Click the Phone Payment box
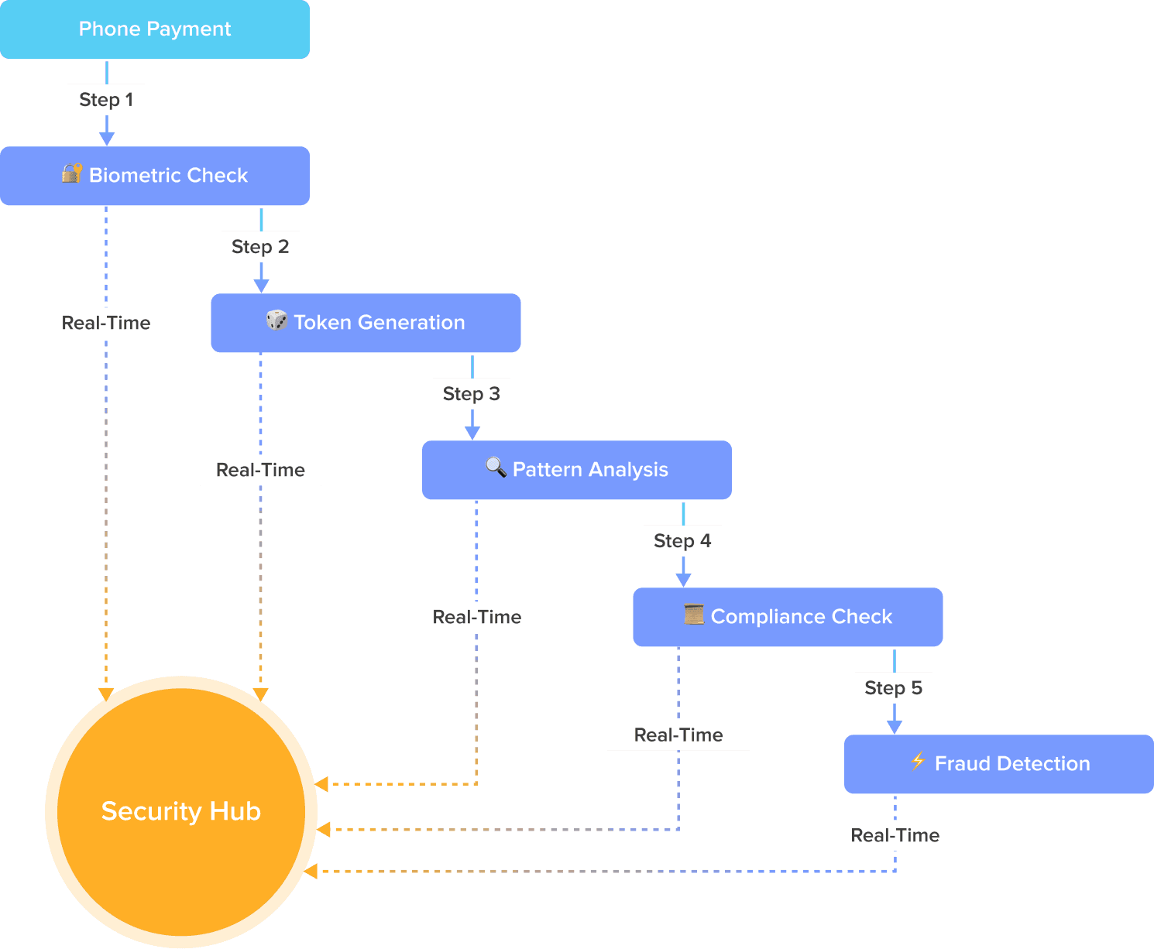click(155, 29)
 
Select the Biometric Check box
click(155, 176)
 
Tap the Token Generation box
click(366, 323)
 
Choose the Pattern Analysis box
click(577, 470)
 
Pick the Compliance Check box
click(788, 617)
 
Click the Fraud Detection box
click(999, 764)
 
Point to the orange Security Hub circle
click(180, 811)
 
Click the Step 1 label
click(106, 100)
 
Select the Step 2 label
click(260, 247)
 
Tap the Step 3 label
click(472, 394)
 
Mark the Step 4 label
click(682, 541)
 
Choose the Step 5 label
click(894, 688)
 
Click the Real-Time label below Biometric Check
click(106, 323)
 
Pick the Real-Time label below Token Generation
click(260, 470)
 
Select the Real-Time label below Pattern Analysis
click(477, 617)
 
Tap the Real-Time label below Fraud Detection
click(895, 835)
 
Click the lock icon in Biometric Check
click(72, 173)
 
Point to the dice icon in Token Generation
click(276, 320)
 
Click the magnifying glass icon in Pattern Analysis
click(496, 467)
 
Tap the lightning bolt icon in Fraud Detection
click(918, 761)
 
